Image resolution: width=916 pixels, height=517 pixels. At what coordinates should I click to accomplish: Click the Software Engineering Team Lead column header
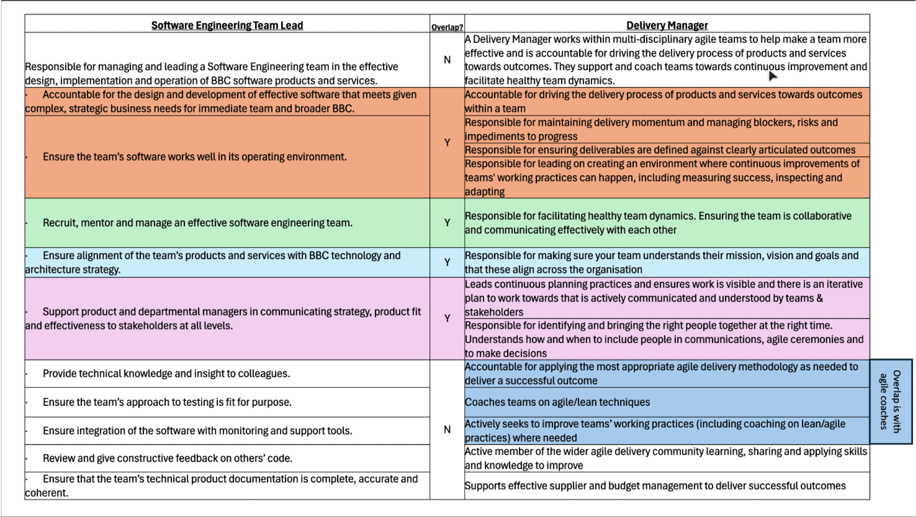point(227,25)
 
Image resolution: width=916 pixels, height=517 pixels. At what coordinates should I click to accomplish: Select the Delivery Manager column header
point(667,25)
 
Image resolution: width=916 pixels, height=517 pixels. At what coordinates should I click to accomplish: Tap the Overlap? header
point(447,27)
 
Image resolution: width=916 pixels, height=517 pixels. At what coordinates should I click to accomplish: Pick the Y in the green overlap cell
point(447,223)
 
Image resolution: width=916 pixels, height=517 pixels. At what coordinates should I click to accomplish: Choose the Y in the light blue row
point(447,262)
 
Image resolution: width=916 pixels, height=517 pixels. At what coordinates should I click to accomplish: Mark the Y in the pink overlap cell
point(447,318)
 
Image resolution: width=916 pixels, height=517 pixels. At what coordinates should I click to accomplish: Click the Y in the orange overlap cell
point(447,142)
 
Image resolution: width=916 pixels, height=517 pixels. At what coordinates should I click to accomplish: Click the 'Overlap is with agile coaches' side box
point(891,401)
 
